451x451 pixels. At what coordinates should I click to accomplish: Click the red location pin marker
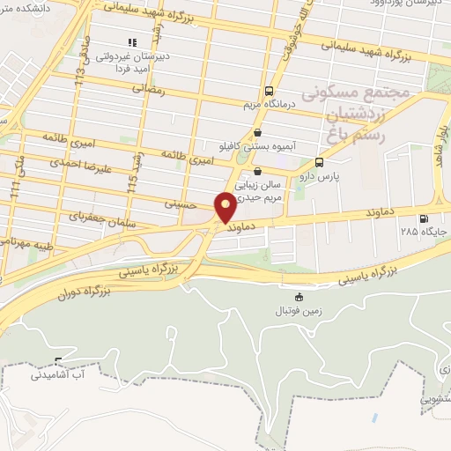click(x=225, y=208)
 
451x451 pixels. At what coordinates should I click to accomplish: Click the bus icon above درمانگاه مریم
click(x=269, y=91)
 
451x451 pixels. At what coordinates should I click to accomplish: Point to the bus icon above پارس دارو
click(x=318, y=162)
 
